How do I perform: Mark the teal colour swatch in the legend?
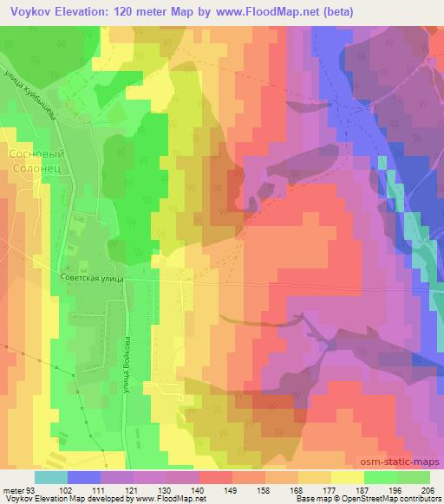[51, 477]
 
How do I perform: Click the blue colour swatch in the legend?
[84, 477]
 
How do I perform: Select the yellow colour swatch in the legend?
[347, 477]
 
